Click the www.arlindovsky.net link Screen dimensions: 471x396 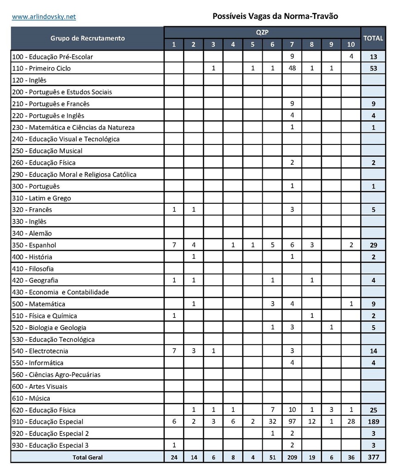(x=44, y=17)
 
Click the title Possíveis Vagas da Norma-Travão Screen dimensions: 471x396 (x=275, y=16)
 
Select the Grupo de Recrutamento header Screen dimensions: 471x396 (x=87, y=38)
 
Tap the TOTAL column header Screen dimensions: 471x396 (x=373, y=38)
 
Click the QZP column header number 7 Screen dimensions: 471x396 (x=292, y=45)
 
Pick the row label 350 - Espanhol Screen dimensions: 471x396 (x=35, y=245)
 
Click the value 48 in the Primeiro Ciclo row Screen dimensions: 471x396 (x=292, y=69)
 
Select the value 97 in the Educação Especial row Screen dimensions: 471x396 (x=292, y=422)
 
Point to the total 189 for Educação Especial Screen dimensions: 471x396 (x=373, y=422)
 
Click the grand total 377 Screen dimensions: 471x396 (x=373, y=457)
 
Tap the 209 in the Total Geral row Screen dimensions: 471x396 (x=292, y=457)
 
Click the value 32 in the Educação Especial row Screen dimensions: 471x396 (x=272, y=422)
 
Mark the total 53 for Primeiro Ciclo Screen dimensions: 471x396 (x=373, y=69)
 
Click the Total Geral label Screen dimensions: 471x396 (x=87, y=457)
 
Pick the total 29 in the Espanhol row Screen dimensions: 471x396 (x=373, y=245)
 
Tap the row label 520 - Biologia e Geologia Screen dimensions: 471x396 (x=49, y=327)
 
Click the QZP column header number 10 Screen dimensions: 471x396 (x=351, y=45)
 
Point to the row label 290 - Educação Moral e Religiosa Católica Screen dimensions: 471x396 (x=74, y=174)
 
